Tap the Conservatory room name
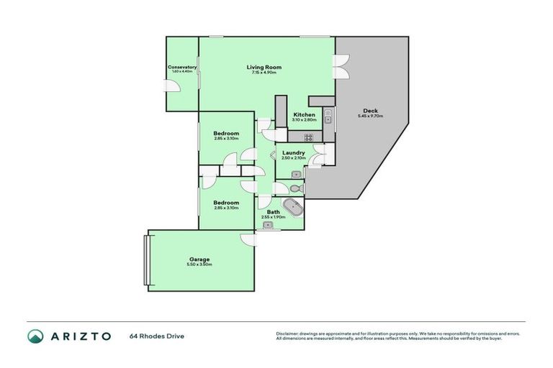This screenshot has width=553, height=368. (182, 67)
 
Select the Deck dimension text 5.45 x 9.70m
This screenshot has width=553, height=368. (370, 116)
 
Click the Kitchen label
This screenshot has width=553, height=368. (304, 114)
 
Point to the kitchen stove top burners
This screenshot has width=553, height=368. (307, 137)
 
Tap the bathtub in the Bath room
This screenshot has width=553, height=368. (292, 208)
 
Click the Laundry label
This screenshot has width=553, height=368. (293, 152)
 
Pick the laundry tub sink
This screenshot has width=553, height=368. (296, 174)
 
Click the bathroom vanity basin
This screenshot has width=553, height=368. (268, 226)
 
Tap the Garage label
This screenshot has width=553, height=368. (199, 259)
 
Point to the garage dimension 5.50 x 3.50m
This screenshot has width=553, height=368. (200, 264)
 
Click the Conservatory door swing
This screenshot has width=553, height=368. (172, 86)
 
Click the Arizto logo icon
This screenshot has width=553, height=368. (35, 336)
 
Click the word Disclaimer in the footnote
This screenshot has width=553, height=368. (289, 333)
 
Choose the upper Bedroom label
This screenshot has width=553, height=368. (226, 134)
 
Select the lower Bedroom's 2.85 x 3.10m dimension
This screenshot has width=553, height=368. (226, 208)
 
